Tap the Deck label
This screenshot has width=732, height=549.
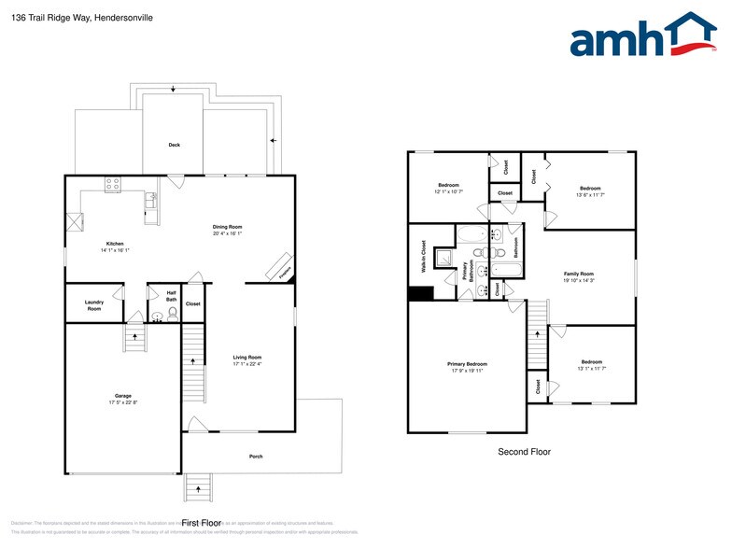pos(174,145)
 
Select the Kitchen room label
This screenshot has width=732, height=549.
pos(114,244)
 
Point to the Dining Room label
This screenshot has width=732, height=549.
pos(227,227)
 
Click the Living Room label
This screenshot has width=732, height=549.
pos(247,358)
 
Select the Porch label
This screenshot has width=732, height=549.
pos(255,457)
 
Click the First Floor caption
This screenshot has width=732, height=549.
pos(201,523)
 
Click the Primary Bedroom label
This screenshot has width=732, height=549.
pos(467,364)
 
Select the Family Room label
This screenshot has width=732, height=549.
pos(579,274)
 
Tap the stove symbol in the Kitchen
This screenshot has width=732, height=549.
pos(113,185)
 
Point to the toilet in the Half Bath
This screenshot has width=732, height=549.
pos(173,316)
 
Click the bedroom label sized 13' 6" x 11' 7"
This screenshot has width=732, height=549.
pos(590,189)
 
